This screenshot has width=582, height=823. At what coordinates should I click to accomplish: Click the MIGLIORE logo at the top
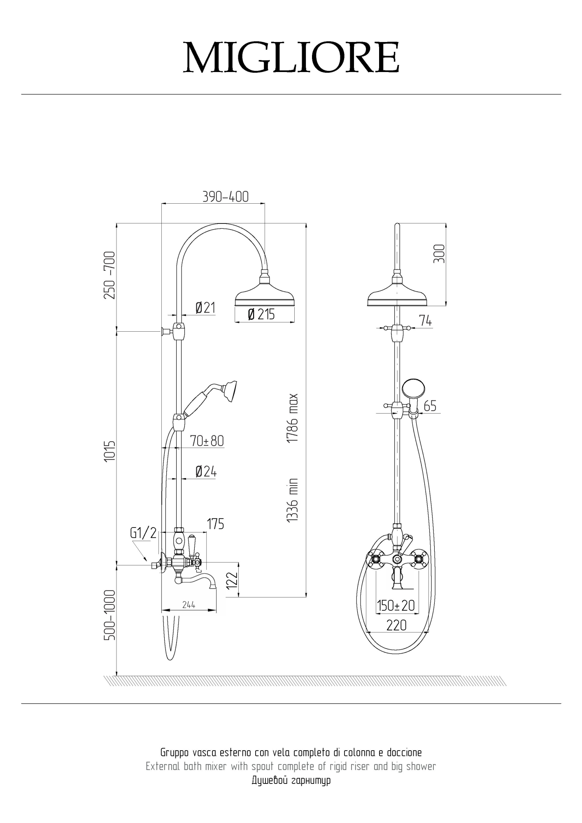(x=291, y=57)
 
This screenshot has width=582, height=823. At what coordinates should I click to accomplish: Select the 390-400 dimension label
(x=226, y=197)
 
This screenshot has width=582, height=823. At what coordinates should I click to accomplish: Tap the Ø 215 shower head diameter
(x=261, y=314)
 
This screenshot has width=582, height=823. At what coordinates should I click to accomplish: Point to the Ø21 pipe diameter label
(x=205, y=307)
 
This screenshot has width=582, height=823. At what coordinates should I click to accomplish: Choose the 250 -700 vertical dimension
(x=110, y=275)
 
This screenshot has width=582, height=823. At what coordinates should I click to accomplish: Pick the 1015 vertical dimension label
(x=110, y=451)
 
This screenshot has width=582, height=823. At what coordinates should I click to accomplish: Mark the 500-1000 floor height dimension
(x=110, y=615)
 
